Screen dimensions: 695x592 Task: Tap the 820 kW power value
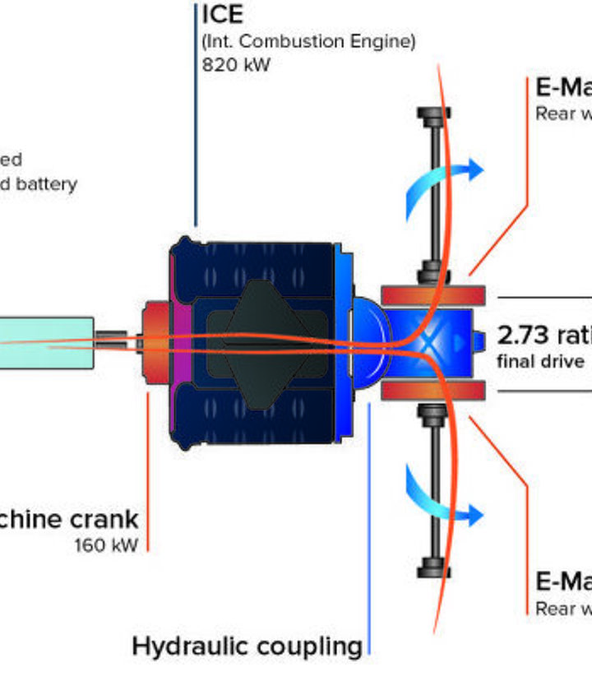236,64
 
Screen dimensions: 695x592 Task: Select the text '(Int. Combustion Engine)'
308,41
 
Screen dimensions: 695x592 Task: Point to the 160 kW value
106,544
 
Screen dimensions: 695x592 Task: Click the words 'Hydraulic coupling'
247,646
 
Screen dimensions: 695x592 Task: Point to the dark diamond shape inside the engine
261,341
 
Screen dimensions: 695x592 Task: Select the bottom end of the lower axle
433,569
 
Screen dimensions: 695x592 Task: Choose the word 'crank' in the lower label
103,519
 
